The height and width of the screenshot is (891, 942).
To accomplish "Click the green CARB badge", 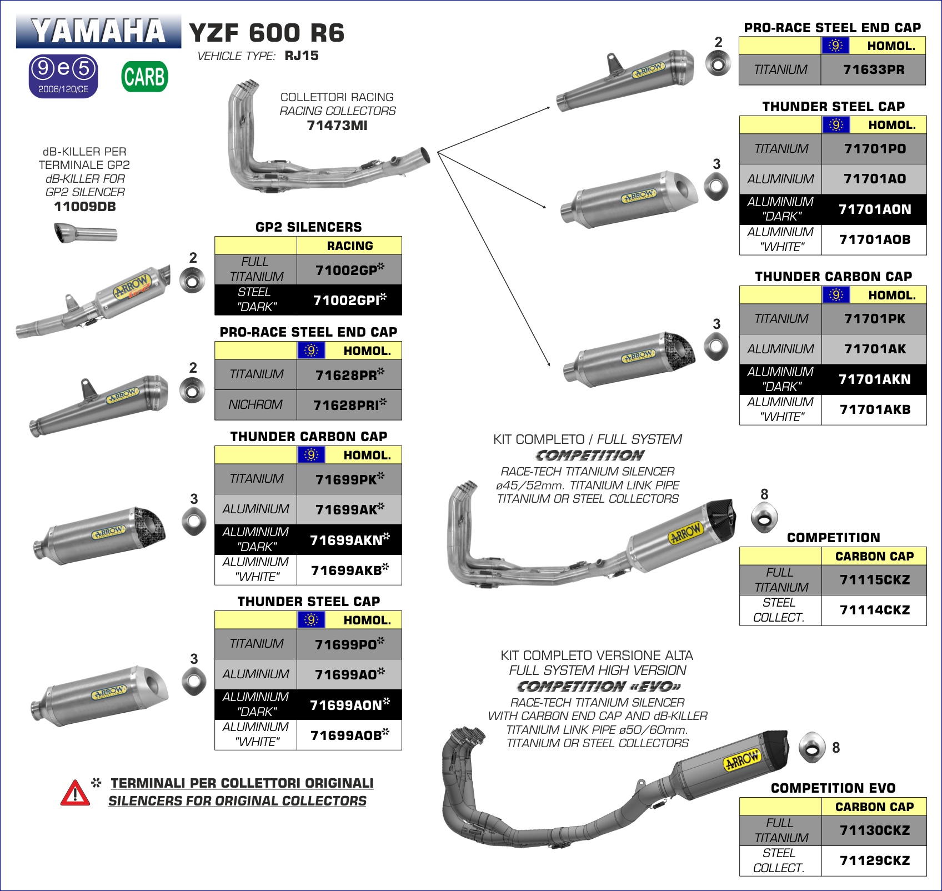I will click(x=144, y=77).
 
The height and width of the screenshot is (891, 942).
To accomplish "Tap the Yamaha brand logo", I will click(x=98, y=31).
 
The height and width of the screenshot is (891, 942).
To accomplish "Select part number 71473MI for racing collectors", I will click(x=337, y=126).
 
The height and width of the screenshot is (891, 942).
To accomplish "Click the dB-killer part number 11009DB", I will click(x=85, y=207).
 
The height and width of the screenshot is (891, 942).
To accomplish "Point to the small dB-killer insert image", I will click(x=85, y=232).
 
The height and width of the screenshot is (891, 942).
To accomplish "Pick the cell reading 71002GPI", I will click(x=349, y=300).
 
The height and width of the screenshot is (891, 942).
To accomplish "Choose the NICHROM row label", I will click(x=255, y=404).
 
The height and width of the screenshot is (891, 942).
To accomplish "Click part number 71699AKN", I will click(x=349, y=539).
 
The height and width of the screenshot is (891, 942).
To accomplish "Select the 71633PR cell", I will click(x=873, y=69).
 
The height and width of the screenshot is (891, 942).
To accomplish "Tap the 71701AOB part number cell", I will click(x=874, y=239).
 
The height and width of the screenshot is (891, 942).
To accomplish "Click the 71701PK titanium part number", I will click(x=874, y=318).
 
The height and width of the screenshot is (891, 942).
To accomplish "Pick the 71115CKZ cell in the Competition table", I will click(x=874, y=580).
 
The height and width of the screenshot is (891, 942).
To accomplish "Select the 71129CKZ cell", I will click(x=874, y=860).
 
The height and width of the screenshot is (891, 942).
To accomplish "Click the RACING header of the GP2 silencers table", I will click(x=349, y=246).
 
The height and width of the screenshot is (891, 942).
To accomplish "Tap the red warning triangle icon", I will click(x=75, y=793).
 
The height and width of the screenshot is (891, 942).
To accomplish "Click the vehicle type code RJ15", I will click(x=302, y=56).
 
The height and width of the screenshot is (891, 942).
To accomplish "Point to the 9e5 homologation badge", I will click(x=63, y=76).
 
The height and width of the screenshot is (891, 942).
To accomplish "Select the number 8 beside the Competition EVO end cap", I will click(x=836, y=748).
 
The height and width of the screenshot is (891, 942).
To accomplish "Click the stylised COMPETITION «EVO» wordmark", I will click(x=599, y=686).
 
